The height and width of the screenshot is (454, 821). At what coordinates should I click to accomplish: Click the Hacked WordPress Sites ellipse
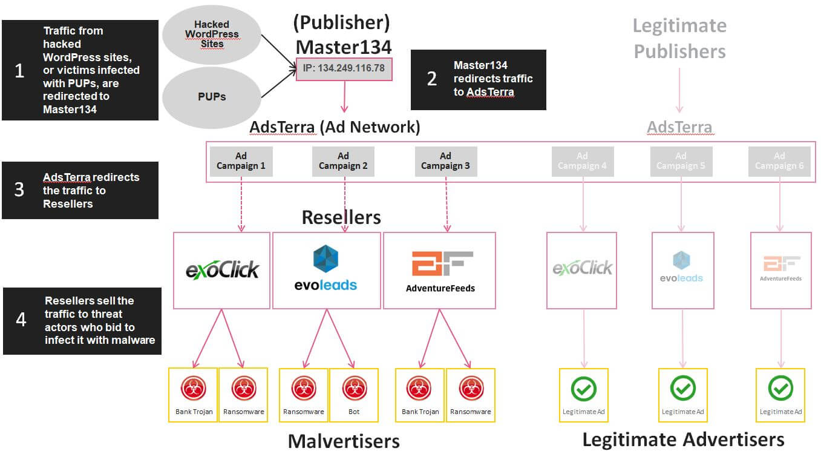[212, 34]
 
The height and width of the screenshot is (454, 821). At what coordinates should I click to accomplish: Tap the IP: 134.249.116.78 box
[344, 68]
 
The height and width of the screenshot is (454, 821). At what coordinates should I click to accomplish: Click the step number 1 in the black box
[19, 71]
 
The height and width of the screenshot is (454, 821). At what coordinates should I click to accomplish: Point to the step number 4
[21, 319]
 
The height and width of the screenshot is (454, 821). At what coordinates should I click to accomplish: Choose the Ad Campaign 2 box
[344, 161]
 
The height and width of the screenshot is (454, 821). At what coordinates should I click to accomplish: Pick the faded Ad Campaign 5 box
[681, 161]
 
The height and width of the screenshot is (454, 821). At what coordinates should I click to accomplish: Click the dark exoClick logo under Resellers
[222, 269]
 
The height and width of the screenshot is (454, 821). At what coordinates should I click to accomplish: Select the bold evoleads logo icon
[326, 258]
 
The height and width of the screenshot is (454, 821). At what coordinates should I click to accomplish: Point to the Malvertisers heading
[344, 441]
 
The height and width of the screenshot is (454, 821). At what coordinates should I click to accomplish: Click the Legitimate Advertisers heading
[683, 439]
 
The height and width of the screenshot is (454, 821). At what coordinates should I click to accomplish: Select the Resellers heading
[341, 217]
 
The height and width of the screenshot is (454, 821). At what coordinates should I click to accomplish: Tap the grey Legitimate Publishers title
[679, 38]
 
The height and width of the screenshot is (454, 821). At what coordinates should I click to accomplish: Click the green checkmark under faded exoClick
[584, 389]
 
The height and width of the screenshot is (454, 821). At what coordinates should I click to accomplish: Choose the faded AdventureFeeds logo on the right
[781, 268]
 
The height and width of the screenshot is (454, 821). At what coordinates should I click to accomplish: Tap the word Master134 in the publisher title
[343, 47]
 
